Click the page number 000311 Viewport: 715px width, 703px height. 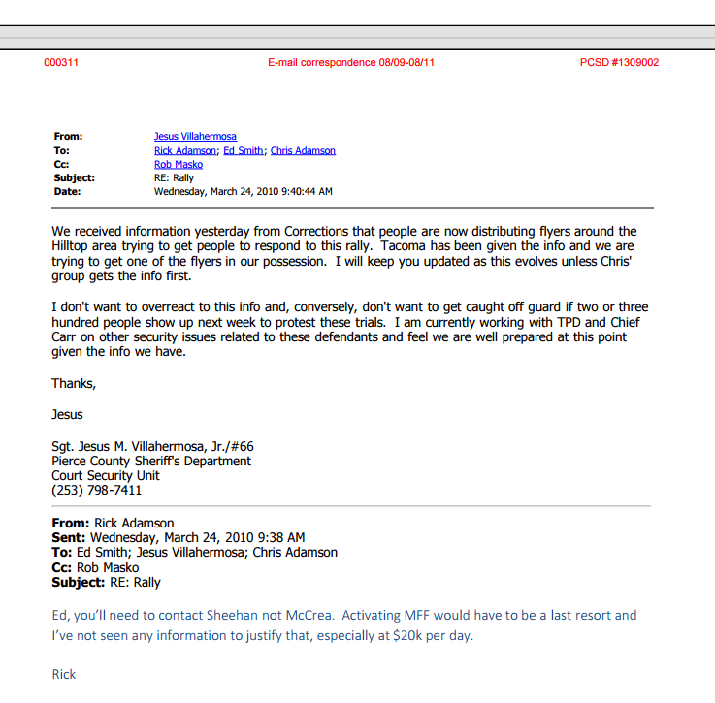coord(61,63)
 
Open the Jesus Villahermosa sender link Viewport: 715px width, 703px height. coord(195,137)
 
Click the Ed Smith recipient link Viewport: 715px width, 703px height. coord(243,151)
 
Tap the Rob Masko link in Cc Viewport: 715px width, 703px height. coord(179,165)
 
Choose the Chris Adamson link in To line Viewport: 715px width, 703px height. coord(303,151)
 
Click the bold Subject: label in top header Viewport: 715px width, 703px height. coord(74,178)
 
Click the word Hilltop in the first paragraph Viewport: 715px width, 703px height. coord(74,246)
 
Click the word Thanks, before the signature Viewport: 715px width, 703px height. coord(74,384)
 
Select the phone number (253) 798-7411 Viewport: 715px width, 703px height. coord(96,491)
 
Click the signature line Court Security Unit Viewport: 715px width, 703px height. coord(106,476)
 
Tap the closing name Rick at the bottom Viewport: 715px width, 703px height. coord(63,674)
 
